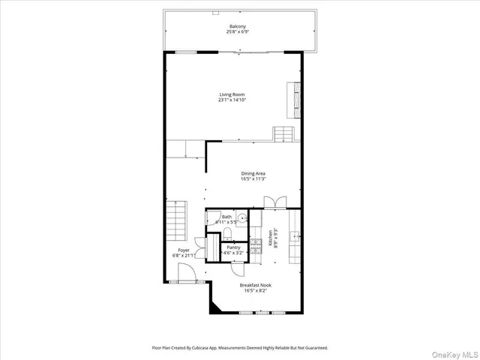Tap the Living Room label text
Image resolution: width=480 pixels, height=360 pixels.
(232, 94)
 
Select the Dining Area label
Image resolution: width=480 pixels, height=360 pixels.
(253, 173)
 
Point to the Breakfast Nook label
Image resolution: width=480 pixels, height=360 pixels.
(255, 285)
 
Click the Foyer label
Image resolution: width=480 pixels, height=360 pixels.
(184, 250)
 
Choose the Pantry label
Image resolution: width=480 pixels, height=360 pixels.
(233, 247)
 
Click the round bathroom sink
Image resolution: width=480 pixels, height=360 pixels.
(243, 217)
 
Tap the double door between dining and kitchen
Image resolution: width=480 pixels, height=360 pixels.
(274, 202)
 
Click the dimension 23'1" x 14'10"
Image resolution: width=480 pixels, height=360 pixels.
(232, 100)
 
